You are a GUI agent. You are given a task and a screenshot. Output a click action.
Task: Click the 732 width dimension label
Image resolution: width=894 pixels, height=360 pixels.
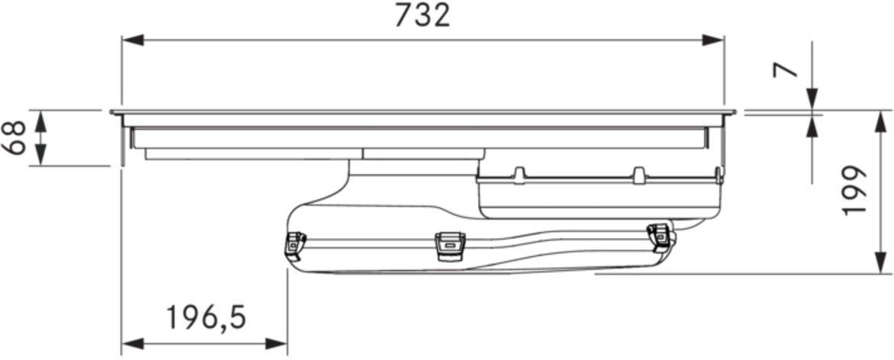423,16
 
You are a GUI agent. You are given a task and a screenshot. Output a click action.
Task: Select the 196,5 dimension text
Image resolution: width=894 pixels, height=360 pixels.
206,318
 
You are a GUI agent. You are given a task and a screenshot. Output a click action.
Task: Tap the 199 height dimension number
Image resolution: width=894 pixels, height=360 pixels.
854,191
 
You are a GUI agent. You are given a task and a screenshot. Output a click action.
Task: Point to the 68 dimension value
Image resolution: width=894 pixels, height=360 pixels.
14,137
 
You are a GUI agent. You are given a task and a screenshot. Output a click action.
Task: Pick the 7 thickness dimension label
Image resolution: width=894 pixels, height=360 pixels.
785,69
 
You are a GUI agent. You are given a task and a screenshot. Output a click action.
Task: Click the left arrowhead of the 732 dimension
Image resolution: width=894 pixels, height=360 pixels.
132,40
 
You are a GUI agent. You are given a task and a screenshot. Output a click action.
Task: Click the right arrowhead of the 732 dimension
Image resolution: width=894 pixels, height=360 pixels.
713,40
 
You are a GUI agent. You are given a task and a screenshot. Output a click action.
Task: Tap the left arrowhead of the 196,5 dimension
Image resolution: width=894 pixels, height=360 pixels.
132,343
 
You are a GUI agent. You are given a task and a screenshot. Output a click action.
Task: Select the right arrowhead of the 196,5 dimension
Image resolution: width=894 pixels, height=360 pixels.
277,343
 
